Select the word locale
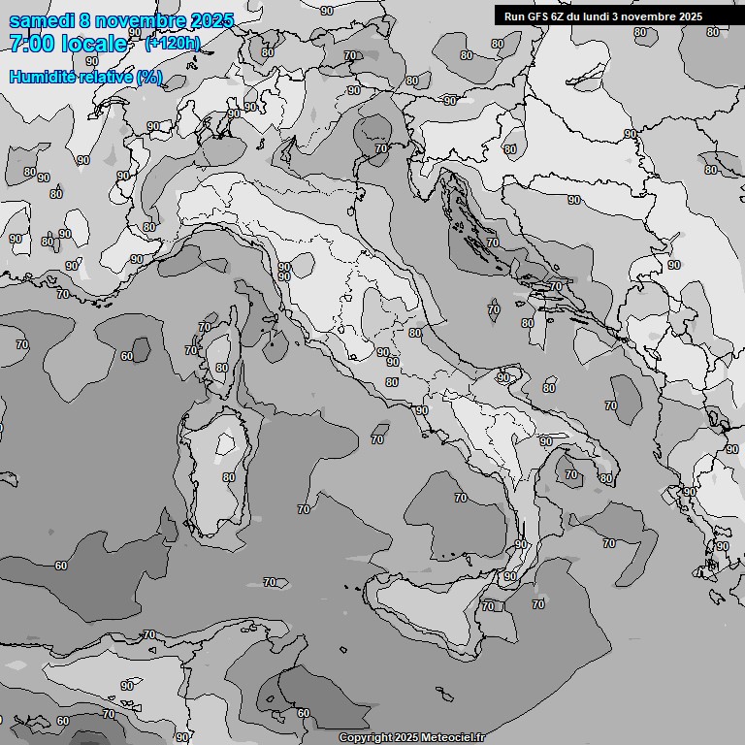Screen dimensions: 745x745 pyautogui.click(x=94, y=44)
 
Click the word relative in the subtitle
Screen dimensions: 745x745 pyautogui.click(x=106, y=77)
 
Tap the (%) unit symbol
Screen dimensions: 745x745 pyautogui.click(x=149, y=77)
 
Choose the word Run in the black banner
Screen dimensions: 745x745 pyautogui.click(x=514, y=16)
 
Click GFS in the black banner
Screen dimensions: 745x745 pyautogui.click(x=537, y=16)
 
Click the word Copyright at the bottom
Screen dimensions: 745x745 pyautogui.click(x=366, y=738)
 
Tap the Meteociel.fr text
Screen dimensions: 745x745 pyautogui.click(x=454, y=738)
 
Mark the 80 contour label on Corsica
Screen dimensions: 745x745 pyautogui.click(x=222, y=368)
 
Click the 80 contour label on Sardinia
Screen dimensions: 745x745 pyautogui.click(x=229, y=477)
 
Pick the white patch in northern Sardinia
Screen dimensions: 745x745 pyautogui.click(x=226, y=444)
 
